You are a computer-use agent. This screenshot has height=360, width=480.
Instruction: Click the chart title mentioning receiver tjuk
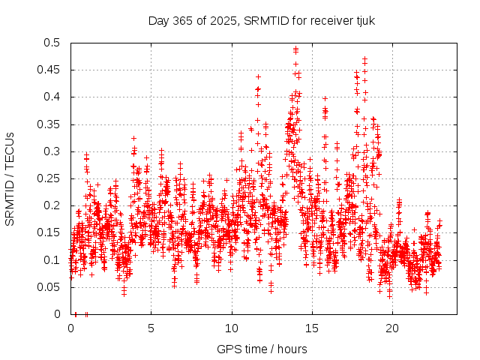click(x=262, y=20)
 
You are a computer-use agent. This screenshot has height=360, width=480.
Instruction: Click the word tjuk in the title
click(x=363, y=20)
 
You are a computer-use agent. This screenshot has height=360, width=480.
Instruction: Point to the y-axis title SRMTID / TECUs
click(x=10, y=178)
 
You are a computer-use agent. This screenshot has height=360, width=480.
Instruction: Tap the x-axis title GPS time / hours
click(x=262, y=349)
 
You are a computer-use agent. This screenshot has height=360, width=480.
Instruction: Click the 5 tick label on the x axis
click(x=151, y=328)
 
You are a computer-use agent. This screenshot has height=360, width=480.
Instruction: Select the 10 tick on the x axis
click(x=232, y=328)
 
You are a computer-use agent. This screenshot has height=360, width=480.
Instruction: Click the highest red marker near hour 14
click(x=295, y=49)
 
